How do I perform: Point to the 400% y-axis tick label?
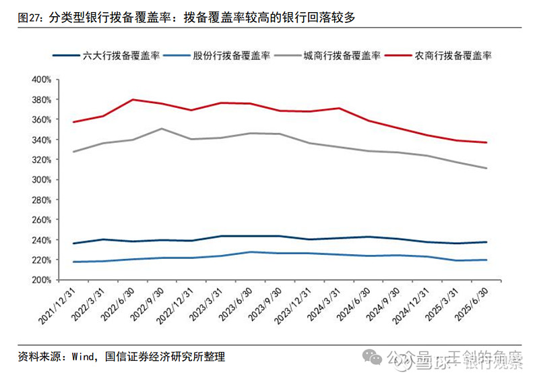(42, 80)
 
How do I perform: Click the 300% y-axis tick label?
(42, 179)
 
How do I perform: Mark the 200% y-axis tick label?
(42, 279)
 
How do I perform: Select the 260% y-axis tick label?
(42, 219)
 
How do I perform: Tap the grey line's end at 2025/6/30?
(487, 168)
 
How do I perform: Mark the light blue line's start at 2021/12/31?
(73, 262)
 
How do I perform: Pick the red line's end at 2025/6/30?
(487, 142)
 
